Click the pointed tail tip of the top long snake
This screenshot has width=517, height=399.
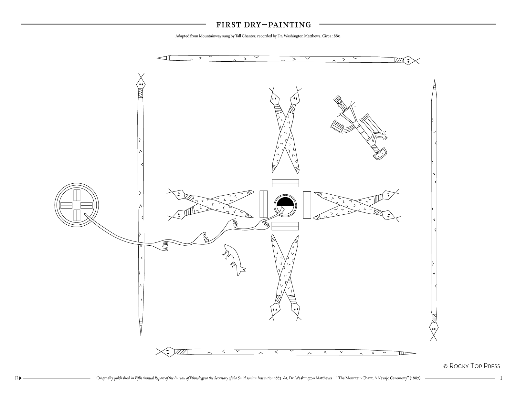(x=157, y=58)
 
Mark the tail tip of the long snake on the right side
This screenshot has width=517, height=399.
(x=435, y=79)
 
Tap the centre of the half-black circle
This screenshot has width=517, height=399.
(x=285, y=206)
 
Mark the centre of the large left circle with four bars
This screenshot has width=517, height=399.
(x=77, y=205)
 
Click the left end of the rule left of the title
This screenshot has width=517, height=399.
(x=21, y=24)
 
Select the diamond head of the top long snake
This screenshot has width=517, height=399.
(x=408, y=61)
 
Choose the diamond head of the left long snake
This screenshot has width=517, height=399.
(x=141, y=84)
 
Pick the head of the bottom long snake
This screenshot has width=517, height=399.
(x=169, y=352)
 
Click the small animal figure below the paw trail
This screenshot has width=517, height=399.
(x=234, y=260)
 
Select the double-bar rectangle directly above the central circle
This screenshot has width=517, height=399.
(x=285, y=183)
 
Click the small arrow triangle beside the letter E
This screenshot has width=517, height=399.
(x=20, y=378)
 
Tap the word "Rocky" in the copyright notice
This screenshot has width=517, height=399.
(x=460, y=366)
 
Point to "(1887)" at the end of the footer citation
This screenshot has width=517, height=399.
(x=415, y=378)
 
